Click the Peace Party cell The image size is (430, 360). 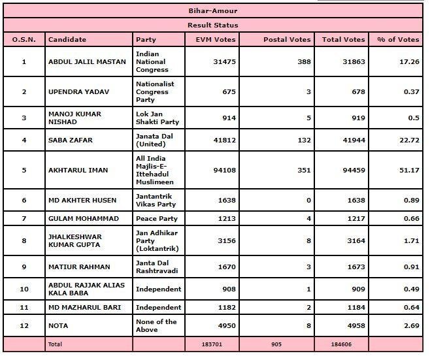pyautogui.click(x=156, y=218)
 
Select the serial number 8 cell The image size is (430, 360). pyautogui.click(x=24, y=240)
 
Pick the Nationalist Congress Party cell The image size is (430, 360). pyautogui.click(x=155, y=91)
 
